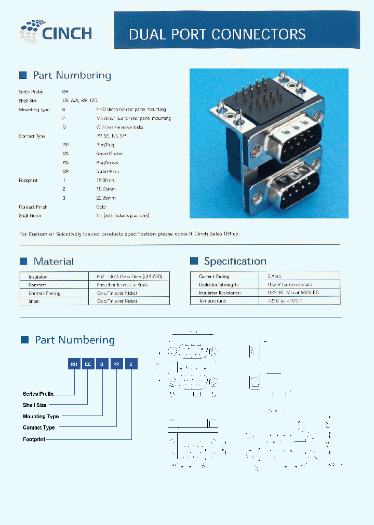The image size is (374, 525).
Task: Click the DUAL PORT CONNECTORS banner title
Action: click(x=217, y=35)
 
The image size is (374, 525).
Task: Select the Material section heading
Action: click(x=54, y=261)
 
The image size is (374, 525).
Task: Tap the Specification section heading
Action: click(x=235, y=261)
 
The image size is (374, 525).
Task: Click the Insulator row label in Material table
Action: click(x=38, y=277)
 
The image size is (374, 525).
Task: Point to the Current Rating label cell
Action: click(x=214, y=277)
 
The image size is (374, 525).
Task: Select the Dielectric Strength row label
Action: click(x=219, y=284)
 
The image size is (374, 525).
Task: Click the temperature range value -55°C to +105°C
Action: click(x=284, y=300)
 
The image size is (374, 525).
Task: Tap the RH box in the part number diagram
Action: click(x=74, y=365)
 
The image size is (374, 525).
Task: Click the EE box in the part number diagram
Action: click(x=88, y=365)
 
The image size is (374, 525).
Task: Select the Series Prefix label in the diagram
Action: click(x=38, y=394)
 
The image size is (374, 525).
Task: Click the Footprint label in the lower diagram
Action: click(x=34, y=439)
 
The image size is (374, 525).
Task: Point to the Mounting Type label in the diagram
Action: click(x=41, y=417)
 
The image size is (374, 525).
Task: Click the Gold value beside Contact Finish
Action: click(x=101, y=206)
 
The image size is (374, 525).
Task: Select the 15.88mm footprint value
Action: click(x=106, y=181)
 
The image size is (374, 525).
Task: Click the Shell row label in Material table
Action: click(x=35, y=301)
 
